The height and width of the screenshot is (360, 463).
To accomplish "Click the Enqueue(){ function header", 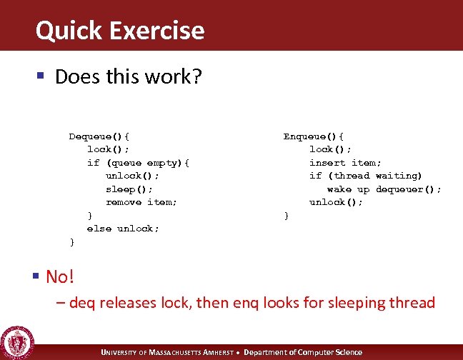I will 314,136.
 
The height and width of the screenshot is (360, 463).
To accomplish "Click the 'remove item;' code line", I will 141,202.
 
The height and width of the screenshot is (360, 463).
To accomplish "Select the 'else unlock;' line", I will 123,229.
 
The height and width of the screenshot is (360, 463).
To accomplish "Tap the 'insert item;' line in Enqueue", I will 345,162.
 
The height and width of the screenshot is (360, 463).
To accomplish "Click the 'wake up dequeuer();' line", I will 384,189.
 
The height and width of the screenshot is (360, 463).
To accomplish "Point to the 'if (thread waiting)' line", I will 366,176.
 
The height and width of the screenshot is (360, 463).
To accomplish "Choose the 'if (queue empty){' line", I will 138,162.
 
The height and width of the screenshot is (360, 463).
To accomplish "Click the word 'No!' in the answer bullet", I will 60,276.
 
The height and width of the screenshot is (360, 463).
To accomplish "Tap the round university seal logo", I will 17,341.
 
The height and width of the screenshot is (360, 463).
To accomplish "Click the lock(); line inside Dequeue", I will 108,149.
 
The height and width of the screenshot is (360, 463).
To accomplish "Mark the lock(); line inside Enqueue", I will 329,149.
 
